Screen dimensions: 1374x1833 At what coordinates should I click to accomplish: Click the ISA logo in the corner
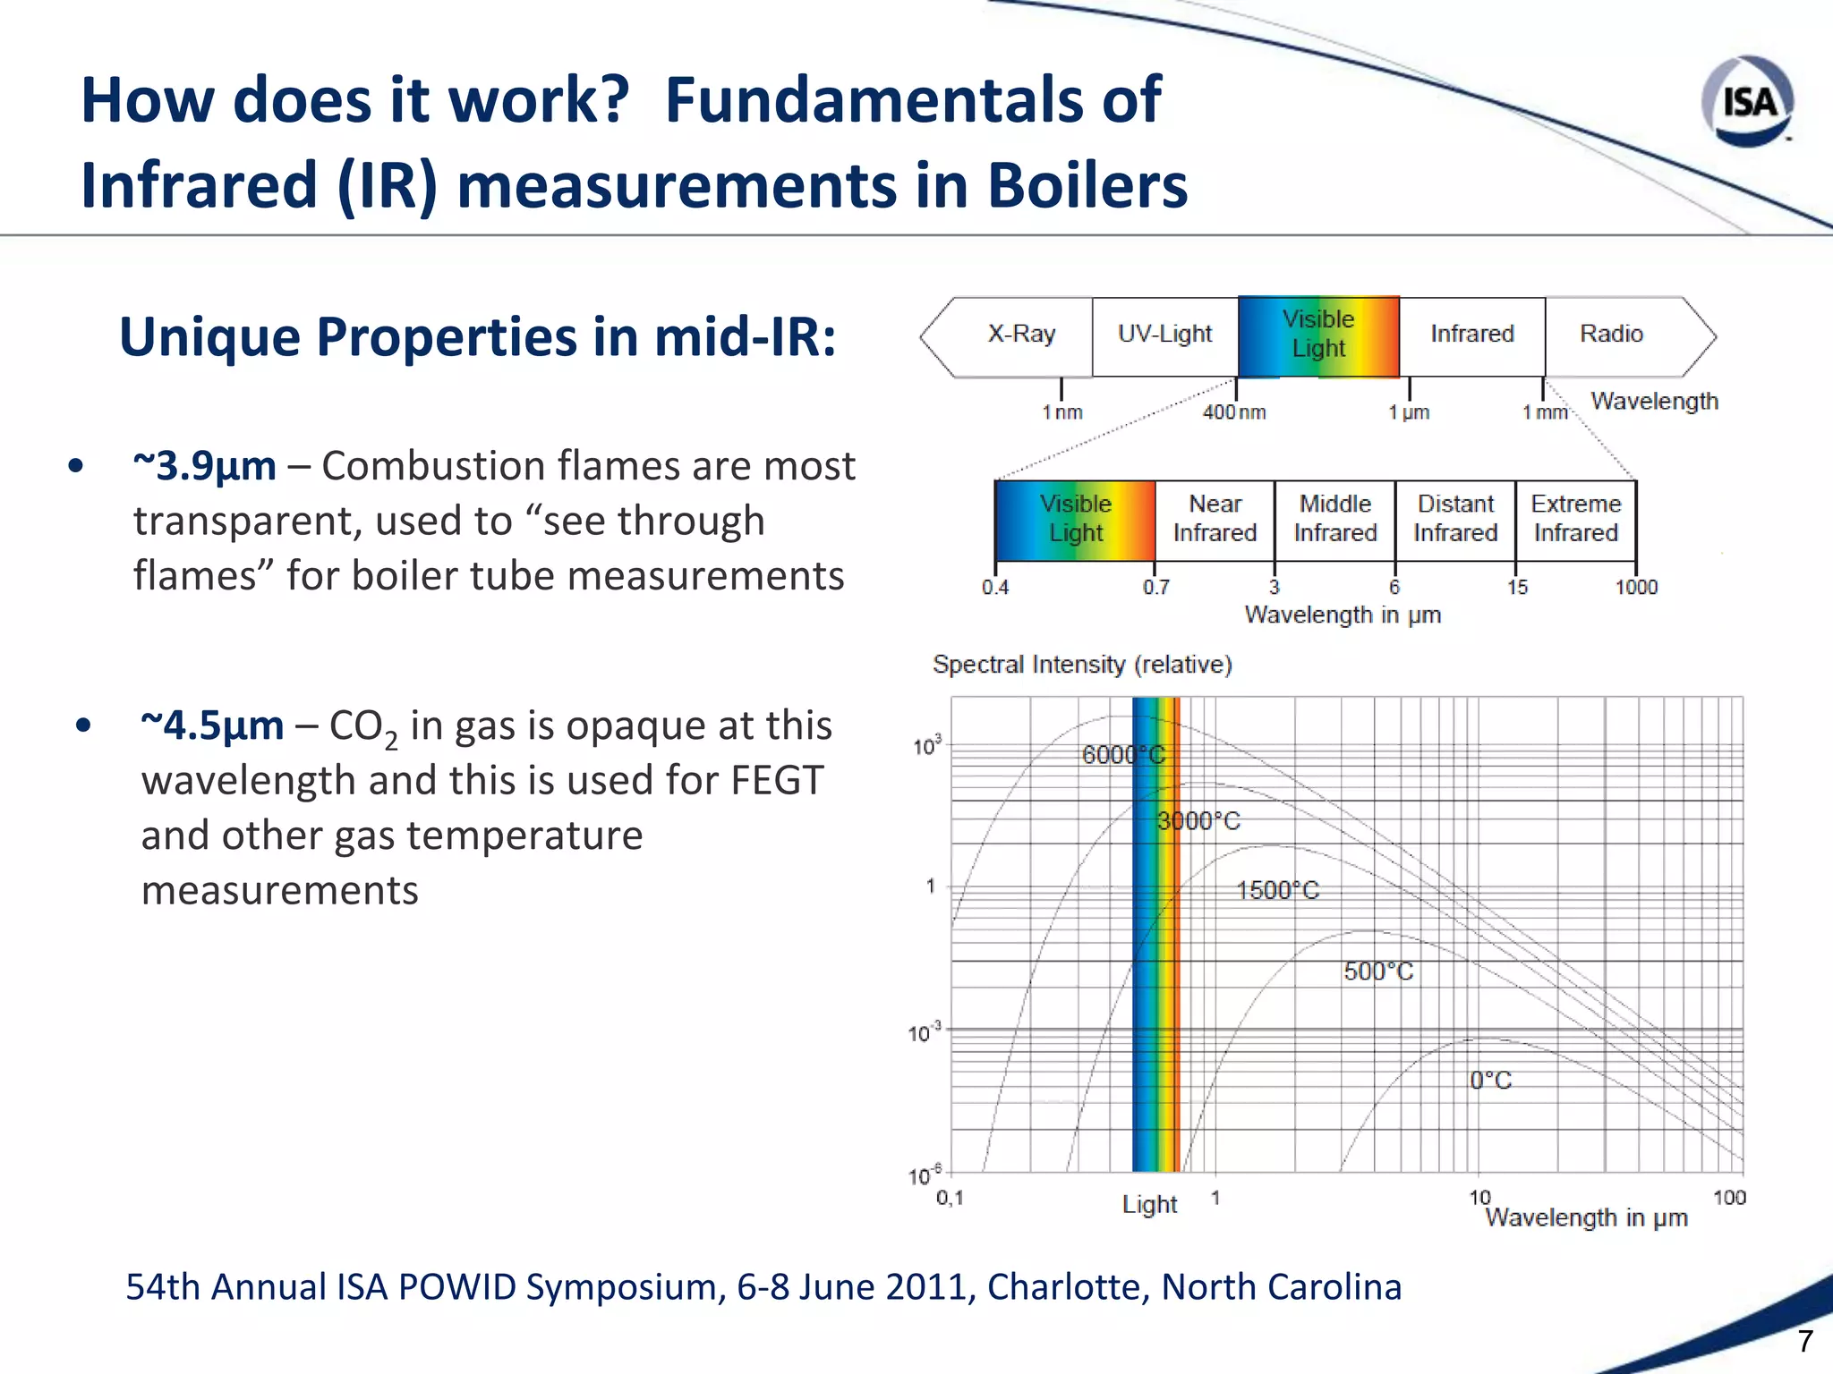(1748, 101)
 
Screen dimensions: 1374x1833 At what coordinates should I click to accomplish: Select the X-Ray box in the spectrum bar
(1021, 335)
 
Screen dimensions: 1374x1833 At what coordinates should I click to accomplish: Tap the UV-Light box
(1164, 335)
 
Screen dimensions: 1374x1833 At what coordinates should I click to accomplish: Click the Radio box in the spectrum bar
(1611, 335)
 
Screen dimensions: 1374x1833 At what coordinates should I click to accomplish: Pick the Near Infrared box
(1215, 519)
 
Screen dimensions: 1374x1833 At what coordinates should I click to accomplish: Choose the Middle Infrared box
(1334, 519)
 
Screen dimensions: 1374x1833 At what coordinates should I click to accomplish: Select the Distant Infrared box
(1455, 519)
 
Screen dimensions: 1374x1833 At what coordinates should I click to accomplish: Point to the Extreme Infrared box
(1575, 519)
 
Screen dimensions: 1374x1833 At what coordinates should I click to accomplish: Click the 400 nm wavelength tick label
(1234, 412)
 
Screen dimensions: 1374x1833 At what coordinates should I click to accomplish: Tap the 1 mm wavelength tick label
(1545, 412)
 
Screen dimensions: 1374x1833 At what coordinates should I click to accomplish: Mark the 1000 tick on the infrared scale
(1636, 588)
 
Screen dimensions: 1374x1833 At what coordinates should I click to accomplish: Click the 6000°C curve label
(1123, 755)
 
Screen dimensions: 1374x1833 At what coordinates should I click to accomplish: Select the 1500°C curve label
(1277, 891)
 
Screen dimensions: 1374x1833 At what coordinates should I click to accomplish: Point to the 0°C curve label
(1490, 1081)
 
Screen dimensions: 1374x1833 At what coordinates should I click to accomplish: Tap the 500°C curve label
(1378, 972)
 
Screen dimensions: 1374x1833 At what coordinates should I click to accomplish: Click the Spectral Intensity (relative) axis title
(1082, 665)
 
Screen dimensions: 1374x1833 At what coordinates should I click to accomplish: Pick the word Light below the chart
(1149, 1205)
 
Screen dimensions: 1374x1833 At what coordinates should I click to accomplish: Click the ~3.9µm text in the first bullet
(205, 467)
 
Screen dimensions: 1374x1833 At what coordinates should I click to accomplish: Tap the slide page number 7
(1805, 1341)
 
